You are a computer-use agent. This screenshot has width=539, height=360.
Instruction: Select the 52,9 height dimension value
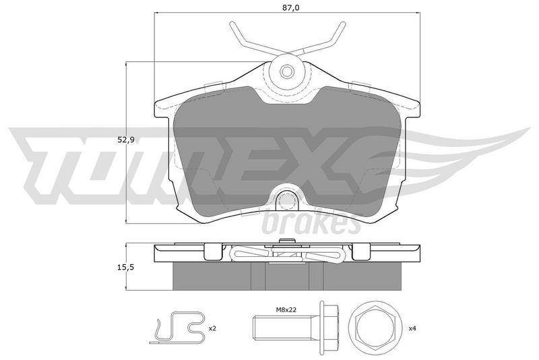point(125,140)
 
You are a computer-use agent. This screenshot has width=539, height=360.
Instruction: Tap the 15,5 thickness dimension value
point(125,267)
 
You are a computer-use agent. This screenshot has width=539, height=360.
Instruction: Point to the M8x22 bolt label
point(286,309)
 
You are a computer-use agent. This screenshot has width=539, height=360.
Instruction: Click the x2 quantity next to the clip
point(212,328)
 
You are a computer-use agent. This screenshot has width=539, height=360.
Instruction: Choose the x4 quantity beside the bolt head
point(412,328)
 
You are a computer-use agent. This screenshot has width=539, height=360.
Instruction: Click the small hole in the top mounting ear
point(286,71)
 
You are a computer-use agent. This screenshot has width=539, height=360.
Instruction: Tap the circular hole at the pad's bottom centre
point(286,200)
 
